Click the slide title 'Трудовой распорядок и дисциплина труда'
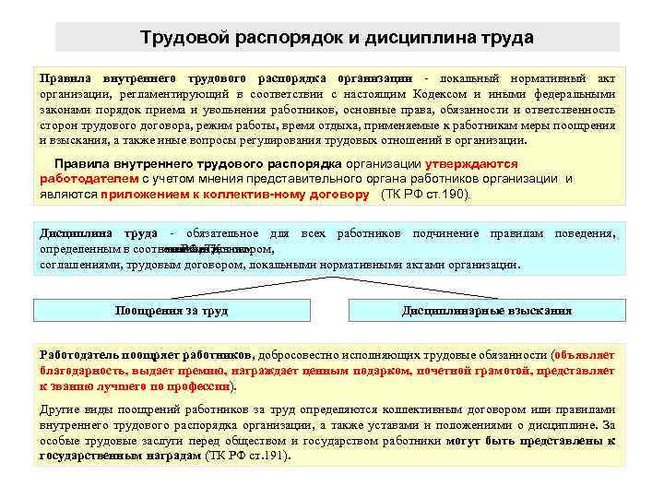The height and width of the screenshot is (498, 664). (337, 38)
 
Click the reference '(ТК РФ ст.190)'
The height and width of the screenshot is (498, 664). (425, 196)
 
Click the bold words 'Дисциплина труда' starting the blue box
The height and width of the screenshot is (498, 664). (98, 234)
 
